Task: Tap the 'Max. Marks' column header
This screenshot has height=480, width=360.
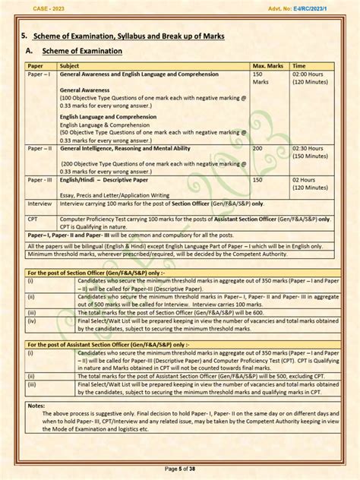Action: (268, 66)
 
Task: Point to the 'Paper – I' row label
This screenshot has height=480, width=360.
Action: (39, 74)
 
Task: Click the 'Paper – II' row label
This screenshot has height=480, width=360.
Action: (40, 148)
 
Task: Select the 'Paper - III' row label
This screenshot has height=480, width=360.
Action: (40, 179)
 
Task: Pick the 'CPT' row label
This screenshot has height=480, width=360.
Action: (34, 217)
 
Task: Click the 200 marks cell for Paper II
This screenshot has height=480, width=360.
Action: (257, 148)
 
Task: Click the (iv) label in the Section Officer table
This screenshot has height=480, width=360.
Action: (33, 321)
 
